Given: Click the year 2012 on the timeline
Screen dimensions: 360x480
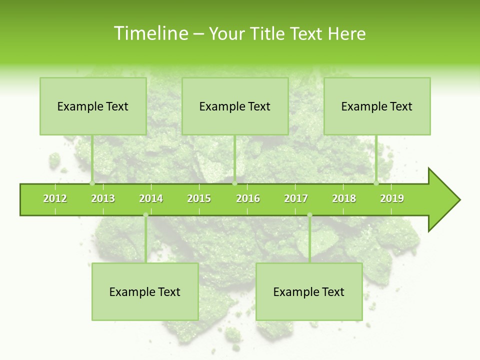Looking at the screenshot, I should click(x=55, y=198).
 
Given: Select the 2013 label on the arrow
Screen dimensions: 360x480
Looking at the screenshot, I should click(x=103, y=198).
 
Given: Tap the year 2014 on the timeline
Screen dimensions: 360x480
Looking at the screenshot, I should click(x=151, y=198).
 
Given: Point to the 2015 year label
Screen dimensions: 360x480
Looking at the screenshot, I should click(x=199, y=198).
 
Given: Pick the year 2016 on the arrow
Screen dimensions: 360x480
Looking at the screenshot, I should click(x=248, y=198).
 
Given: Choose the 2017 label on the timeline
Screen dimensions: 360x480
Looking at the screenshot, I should click(x=296, y=198).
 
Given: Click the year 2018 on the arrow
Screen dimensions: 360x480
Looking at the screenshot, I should click(x=344, y=198).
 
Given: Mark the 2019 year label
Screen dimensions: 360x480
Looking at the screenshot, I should click(x=392, y=198).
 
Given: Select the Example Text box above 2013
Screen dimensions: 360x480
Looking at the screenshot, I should click(x=93, y=106).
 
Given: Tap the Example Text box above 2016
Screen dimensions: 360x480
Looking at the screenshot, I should click(x=235, y=106).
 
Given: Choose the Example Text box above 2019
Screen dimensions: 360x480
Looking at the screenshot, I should click(x=377, y=106).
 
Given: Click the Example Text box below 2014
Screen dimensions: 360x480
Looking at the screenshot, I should click(x=145, y=291).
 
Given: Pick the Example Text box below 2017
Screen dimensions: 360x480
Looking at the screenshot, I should click(x=309, y=291).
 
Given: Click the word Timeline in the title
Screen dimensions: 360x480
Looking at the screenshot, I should click(x=150, y=33).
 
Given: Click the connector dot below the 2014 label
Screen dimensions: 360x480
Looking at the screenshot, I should click(x=145, y=215).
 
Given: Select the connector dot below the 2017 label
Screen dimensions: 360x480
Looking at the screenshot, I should click(x=309, y=215).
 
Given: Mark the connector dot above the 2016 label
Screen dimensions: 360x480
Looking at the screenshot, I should click(x=234, y=183).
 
